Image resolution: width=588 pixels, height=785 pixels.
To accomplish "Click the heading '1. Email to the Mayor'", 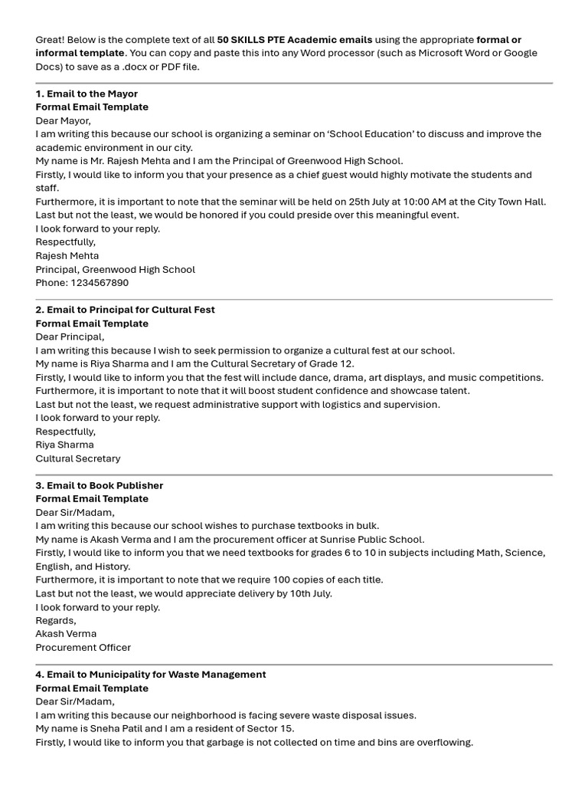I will point(87,94).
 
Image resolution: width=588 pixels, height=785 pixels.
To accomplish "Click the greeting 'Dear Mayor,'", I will point(63,120).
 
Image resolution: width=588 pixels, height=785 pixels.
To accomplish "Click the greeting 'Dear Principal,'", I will point(70,337).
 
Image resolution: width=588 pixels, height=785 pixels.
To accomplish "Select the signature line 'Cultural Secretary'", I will point(78,458).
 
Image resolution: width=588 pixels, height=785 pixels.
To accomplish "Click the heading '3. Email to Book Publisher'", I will point(99,485).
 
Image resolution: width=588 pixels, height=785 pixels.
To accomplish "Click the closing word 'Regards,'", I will point(56,620).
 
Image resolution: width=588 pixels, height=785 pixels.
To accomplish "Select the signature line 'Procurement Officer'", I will point(83,647).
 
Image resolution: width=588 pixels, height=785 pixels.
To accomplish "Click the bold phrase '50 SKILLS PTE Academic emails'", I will point(295,40).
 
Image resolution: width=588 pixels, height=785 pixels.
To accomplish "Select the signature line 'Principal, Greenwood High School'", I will point(115,269).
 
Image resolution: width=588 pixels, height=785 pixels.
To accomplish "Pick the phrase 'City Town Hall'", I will point(511,202).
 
